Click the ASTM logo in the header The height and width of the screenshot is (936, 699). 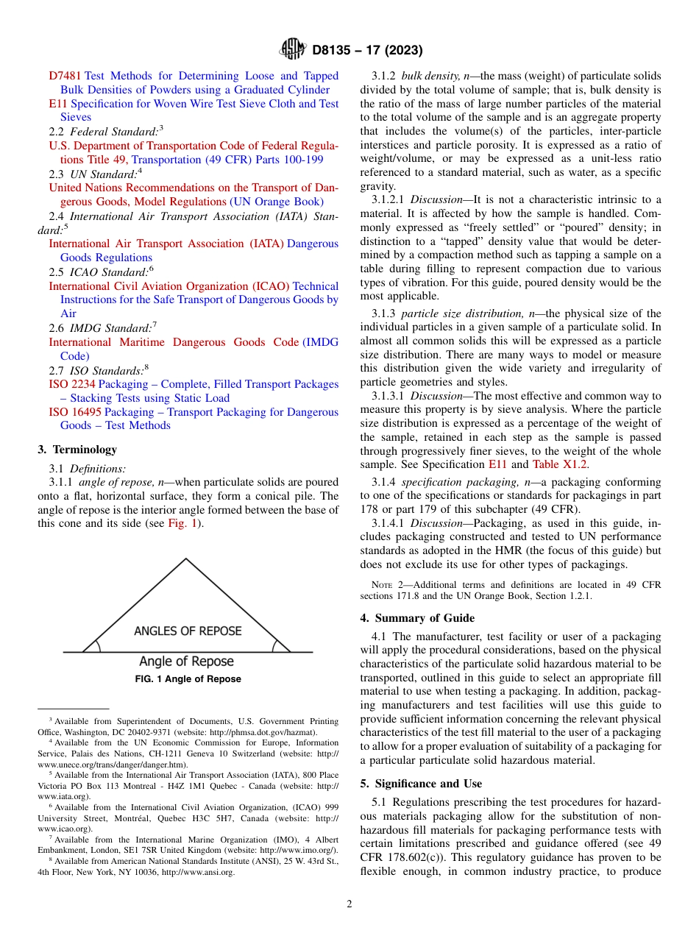293,50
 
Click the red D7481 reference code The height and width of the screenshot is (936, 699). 65,76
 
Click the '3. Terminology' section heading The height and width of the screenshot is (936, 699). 77,450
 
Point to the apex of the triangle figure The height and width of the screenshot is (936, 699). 186,559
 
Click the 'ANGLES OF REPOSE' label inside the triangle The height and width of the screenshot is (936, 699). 188,631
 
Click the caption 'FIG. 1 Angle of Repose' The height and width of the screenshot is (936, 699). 188,679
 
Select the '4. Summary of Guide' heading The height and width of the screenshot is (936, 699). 416,618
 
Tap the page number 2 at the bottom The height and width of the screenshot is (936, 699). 349,904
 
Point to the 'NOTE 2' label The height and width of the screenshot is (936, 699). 386,585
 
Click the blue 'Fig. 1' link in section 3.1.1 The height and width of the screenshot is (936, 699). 180,523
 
